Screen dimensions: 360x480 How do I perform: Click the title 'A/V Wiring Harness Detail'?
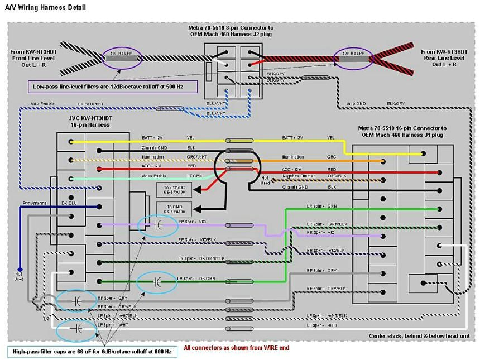(46, 8)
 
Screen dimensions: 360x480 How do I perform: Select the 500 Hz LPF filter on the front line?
(122, 56)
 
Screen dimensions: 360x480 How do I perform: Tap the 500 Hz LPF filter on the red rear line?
(353, 56)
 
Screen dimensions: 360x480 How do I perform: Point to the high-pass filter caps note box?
(93, 351)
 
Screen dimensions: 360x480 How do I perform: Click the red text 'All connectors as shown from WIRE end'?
(236, 348)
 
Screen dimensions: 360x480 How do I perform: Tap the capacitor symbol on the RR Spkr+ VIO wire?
(158, 224)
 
